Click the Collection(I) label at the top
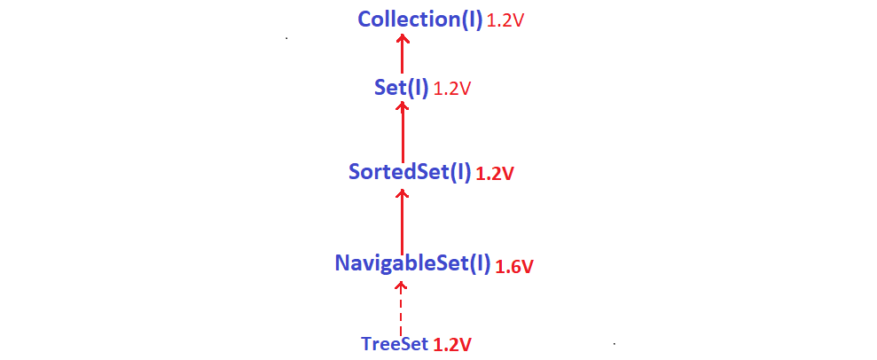(419, 19)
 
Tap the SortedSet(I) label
(409, 172)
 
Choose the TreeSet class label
(395, 343)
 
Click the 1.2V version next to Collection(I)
(505, 20)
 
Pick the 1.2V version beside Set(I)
(451, 89)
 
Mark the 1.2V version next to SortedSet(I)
(495, 174)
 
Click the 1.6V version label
(514, 265)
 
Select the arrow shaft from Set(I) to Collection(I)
(402, 58)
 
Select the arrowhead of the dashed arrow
(401, 286)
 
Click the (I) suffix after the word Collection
(471, 19)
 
